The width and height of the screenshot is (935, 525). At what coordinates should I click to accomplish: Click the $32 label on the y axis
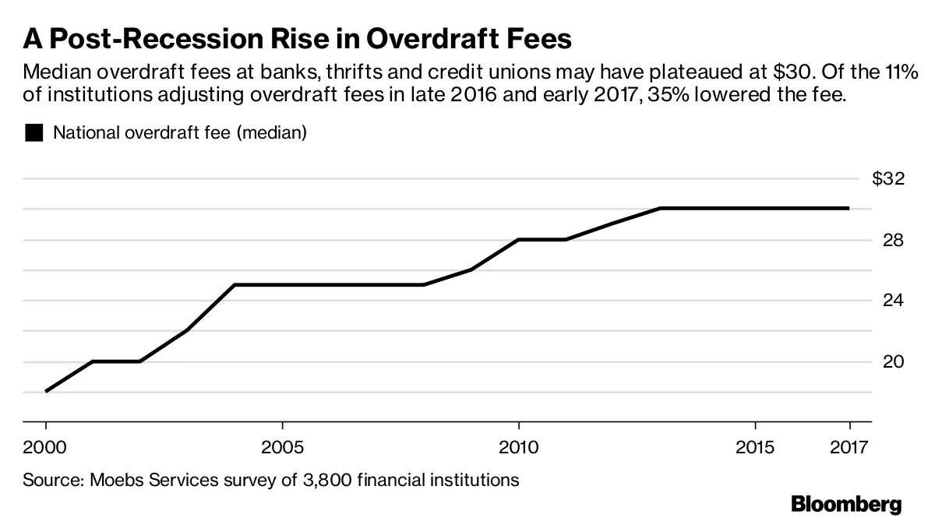click(x=888, y=179)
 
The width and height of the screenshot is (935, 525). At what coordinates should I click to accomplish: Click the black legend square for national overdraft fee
click(x=34, y=133)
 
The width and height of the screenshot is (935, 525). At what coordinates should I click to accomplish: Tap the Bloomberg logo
click(x=846, y=504)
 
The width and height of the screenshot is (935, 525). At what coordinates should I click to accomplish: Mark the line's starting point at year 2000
click(x=46, y=391)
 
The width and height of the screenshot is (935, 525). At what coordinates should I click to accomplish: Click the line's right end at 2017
click(x=848, y=208)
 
